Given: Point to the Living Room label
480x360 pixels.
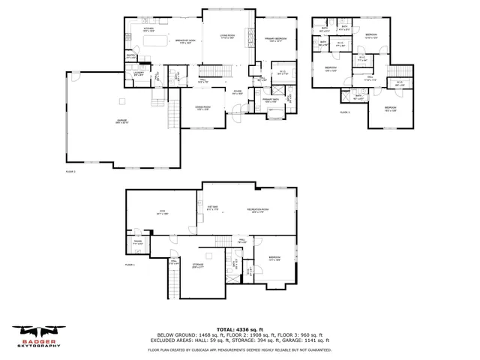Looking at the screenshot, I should tap(227, 36).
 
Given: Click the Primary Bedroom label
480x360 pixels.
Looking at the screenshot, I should tap(275, 37).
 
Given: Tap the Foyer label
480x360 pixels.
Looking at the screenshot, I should tap(237, 91).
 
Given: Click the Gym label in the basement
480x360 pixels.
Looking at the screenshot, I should tap(160, 214).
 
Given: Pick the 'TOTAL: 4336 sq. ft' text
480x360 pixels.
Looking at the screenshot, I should tap(239, 329).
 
